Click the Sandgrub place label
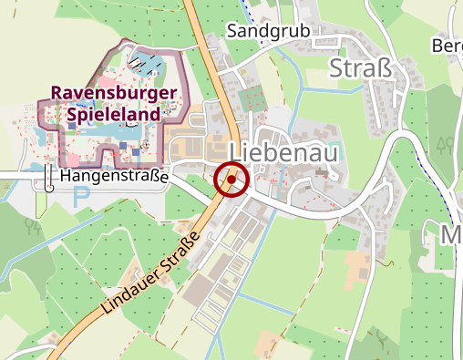[269, 31]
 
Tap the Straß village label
[362, 69]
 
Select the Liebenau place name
[283, 152]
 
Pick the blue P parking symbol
[82, 194]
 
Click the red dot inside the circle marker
[231, 180]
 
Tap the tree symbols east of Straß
[446, 144]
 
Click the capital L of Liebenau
[238, 152]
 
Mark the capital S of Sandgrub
[232, 31]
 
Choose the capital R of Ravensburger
[57, 93]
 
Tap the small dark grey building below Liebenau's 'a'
[321, 170]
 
